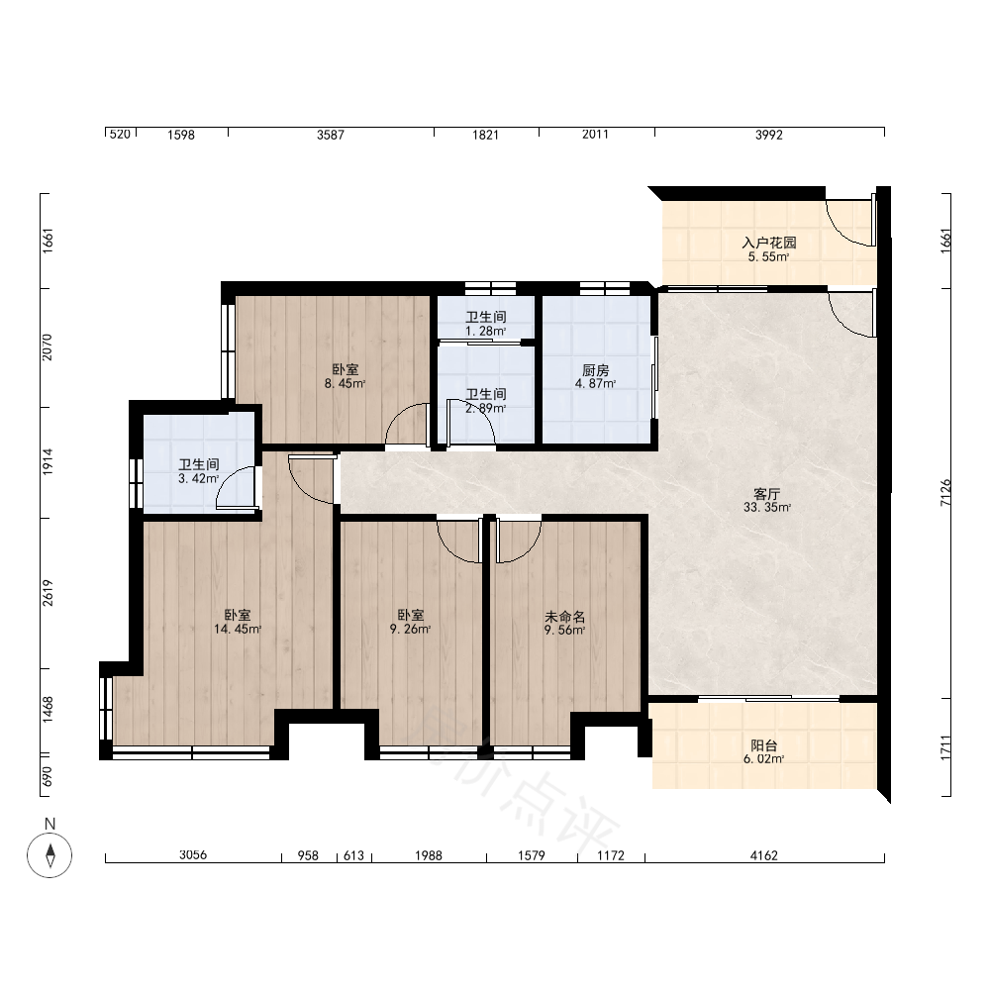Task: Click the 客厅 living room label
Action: pos(767,493)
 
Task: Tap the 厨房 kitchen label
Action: pos(595,370)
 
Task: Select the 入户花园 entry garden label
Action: pos(768,243)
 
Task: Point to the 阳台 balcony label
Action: pos(764,745)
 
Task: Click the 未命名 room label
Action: pos(564,616)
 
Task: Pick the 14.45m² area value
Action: pos(238,629)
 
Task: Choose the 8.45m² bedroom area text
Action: pos(345,383)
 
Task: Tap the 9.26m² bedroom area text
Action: pos(411,629)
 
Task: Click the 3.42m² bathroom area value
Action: pos(198,478)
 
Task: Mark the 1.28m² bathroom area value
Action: pos(485,331)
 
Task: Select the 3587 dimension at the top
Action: pos(331,135)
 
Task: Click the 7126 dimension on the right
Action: pos(945,492)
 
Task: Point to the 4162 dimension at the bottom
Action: pos(764,855)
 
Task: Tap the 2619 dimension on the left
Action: pos(48,593)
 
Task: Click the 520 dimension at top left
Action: pos(120,134)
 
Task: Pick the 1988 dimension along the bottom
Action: pos(428,855)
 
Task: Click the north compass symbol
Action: pos(49,855)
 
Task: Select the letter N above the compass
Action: pos(49,824)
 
